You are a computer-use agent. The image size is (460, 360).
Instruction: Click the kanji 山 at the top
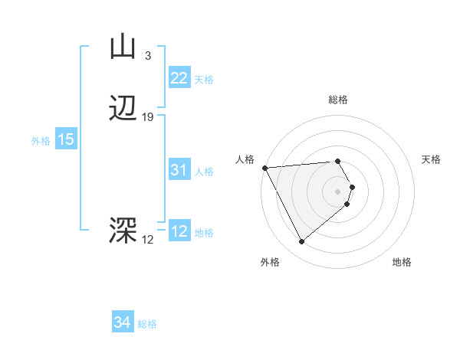pyautogui.click(x=123, y=47)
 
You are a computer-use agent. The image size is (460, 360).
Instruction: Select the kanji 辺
pyautogui.click(x=123, y=109)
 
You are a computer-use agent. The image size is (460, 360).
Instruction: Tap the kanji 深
pyautogui.click(x=123, y=231)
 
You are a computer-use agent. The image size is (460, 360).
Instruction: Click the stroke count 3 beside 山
pyautogui.click(x=147, y=55)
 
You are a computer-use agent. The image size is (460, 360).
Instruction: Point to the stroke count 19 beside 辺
pyautogui.click(x=148, y=117)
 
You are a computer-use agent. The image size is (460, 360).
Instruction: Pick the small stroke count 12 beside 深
pyautogui.click(x=147, y=240)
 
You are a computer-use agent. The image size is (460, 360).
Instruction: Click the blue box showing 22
pyautogui.click(x=179, y=78)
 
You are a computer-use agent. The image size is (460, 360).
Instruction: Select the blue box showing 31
pyautogui.click(x=179, y=171)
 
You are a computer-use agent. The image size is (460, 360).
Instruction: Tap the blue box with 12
pyautogui.click(x=179, y=231)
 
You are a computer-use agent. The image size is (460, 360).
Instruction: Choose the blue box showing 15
pyautogui.click(x=65, y=139)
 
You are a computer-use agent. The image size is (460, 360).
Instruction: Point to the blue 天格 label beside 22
pyautogui.click(x=204, y=80)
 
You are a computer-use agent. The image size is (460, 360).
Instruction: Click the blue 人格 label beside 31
pyautogui.click(x=204, y=172)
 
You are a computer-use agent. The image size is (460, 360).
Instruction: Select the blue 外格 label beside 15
pyautogui.click(x=41, y=141)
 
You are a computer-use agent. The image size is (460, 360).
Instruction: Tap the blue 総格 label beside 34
pyautogui.click(x=147, y=324)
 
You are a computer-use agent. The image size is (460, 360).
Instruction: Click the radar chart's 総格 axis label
pyautogui.click(x=338, y=100)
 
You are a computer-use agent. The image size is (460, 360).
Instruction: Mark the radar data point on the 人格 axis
pyautogui.click(x=264, y=168)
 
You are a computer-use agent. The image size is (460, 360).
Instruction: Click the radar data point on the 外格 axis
pyautogui.click(x=301, y=242)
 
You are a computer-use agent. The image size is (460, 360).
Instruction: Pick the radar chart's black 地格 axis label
pyautogui.click(x=402, y=263)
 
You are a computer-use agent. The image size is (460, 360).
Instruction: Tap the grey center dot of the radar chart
pyautogui.click(x=338, y=191)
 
